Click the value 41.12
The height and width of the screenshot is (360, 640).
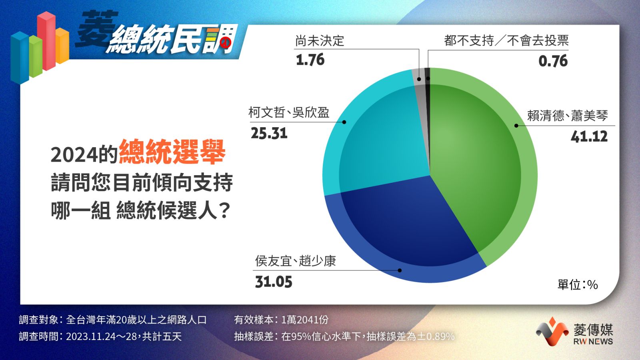[x=589, y=136]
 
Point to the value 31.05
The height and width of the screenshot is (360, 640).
[x=274, y=282]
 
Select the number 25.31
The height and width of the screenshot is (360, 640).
[x=269, y=134]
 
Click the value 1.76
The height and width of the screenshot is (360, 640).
[x=310, y=60]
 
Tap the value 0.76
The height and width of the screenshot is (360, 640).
[x=553, y=61]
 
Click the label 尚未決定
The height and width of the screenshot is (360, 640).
[x=320, y=40]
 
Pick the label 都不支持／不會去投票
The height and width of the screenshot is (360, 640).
[x=506, y=40]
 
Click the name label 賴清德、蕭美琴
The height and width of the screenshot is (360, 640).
[x=568, y=116]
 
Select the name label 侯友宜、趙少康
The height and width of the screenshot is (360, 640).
[x=296, y=260]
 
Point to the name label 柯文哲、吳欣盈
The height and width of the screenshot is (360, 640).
[x=289, y=112]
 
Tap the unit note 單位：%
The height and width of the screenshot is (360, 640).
[x=578, y=284]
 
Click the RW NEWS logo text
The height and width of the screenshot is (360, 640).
[x=593, y=342]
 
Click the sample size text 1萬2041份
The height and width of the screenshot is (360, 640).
[x=305, y=320]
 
